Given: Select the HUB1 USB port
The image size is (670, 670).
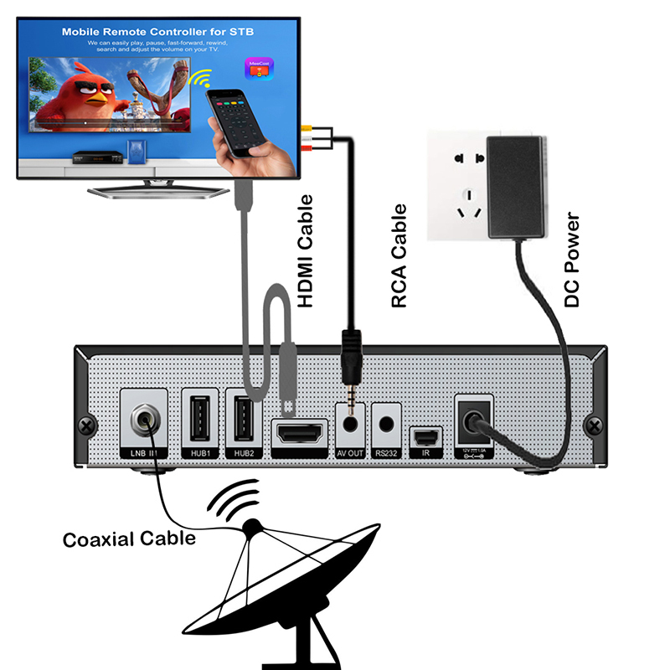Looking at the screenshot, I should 200,417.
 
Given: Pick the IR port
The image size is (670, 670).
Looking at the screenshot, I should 426,437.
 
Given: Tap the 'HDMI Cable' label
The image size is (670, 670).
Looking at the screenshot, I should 307,251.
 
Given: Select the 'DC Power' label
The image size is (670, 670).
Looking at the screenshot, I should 572,260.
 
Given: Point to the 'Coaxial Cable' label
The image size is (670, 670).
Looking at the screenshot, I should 129,539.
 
